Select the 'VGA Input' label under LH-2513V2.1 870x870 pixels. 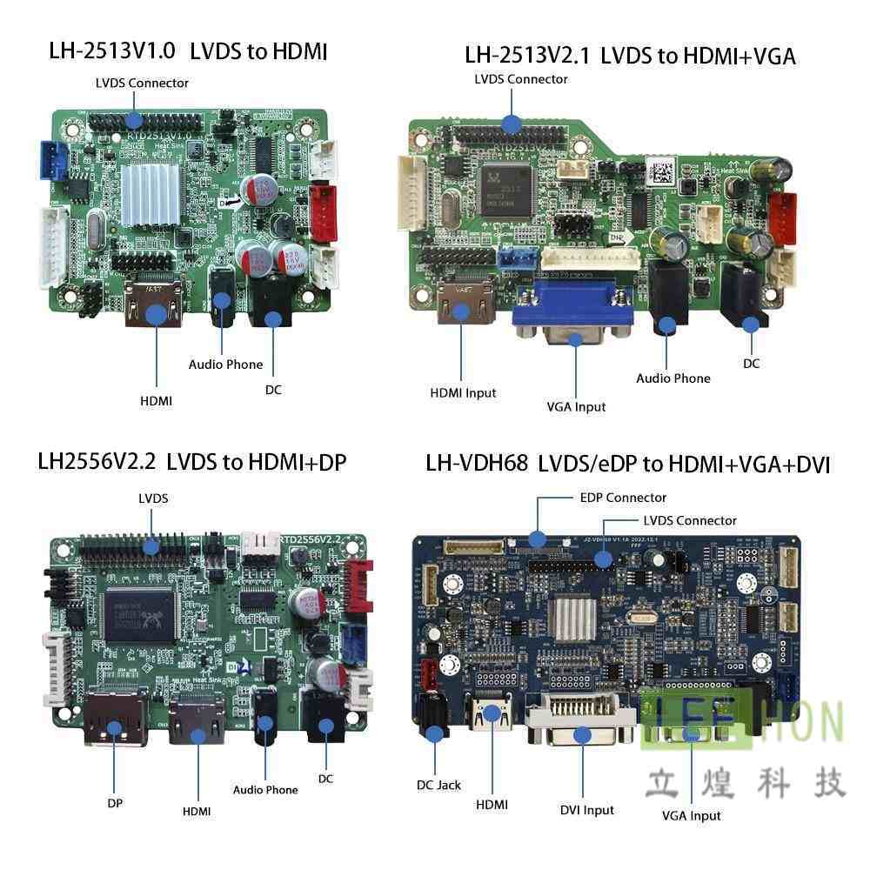576,406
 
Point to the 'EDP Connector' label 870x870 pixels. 623,498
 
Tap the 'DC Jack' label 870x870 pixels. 438,785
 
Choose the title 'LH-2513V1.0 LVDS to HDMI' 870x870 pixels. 188,51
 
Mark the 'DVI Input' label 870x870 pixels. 586,810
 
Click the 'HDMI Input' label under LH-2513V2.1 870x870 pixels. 463,392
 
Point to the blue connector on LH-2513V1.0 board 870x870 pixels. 53,159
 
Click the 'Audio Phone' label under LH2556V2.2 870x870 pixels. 264,790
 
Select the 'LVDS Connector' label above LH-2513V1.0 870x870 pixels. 142,83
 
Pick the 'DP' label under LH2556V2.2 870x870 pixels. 115,803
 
